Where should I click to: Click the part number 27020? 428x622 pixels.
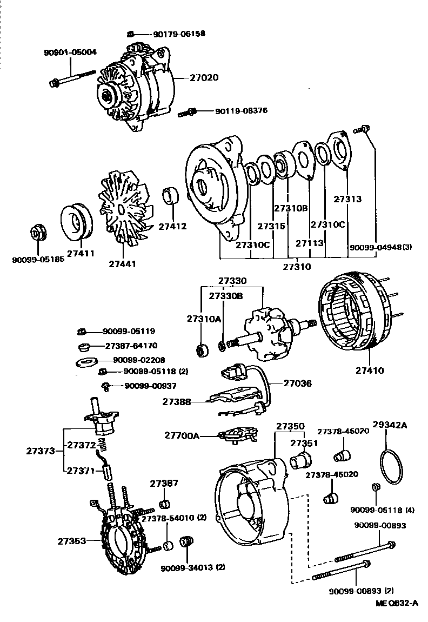pyautogui.click(x=204, y=77)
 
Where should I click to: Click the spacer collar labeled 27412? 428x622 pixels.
pyautogui.click(x=172, y=196)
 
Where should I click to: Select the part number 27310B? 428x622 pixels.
pyautogui.click(x=290, y=208)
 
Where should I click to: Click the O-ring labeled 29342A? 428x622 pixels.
pyautogui.click(x=390, y=466)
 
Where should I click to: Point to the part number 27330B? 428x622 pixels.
pyautogui.click(x=226, y=296)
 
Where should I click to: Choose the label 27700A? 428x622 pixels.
pyautogui.click(x=182, y=434)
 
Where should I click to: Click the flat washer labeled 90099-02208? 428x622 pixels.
pyautogui.click(x=85, y=361)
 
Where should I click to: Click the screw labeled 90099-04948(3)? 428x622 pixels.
pyautogui.click(x=363, y=130)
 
